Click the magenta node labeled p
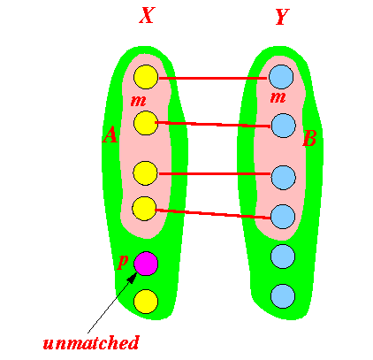pos(146,264)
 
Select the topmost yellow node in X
pos(146,77)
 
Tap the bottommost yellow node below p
pos(146,302)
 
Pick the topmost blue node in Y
pos(281,77)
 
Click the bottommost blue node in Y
pos(283,296)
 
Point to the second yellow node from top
pos(146,123)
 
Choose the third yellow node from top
pos(145,173)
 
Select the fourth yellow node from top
pos(144,209)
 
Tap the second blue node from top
pos(284,126)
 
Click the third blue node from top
pos(283,178)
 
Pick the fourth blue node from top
pos(283,217)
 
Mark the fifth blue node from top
pos(283,257)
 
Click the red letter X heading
pos(147,15)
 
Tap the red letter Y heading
pos(283,17)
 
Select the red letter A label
pos(110,134)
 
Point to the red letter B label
pos(309,138)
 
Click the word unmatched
pos(91,342)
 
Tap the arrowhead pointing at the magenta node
pos(133,277)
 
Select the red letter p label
pos(123,261)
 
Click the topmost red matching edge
pos(213,78)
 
